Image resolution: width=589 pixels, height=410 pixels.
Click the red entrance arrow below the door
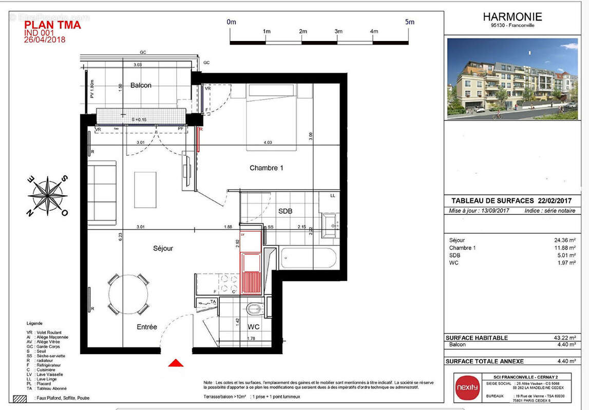[x=176, y=363]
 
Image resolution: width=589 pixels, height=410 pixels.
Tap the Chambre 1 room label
[x=267, y=168]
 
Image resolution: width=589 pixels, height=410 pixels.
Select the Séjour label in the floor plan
[x=163, y=249]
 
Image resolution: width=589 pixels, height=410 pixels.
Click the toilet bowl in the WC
[x=254, y=309]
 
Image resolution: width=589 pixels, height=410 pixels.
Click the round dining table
[x=128, y=294]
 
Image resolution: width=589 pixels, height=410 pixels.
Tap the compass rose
[x=47, y=196]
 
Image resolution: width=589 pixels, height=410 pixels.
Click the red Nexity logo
[x=467, y=387]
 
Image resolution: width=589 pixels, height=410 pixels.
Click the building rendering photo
[x=512, y=78]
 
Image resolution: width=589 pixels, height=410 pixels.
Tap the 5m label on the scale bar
[x=409, y=22]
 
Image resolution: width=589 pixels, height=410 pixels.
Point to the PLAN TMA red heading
[x=52, y=25]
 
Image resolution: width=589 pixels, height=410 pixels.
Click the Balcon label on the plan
[x=141, y=85]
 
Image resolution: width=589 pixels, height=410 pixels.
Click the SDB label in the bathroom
[x=286, y=211]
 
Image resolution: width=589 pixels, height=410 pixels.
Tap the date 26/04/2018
[x=45, y=39]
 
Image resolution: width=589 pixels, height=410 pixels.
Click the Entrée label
[x=147, y=327]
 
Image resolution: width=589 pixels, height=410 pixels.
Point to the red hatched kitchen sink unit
[x=251, y=282]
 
